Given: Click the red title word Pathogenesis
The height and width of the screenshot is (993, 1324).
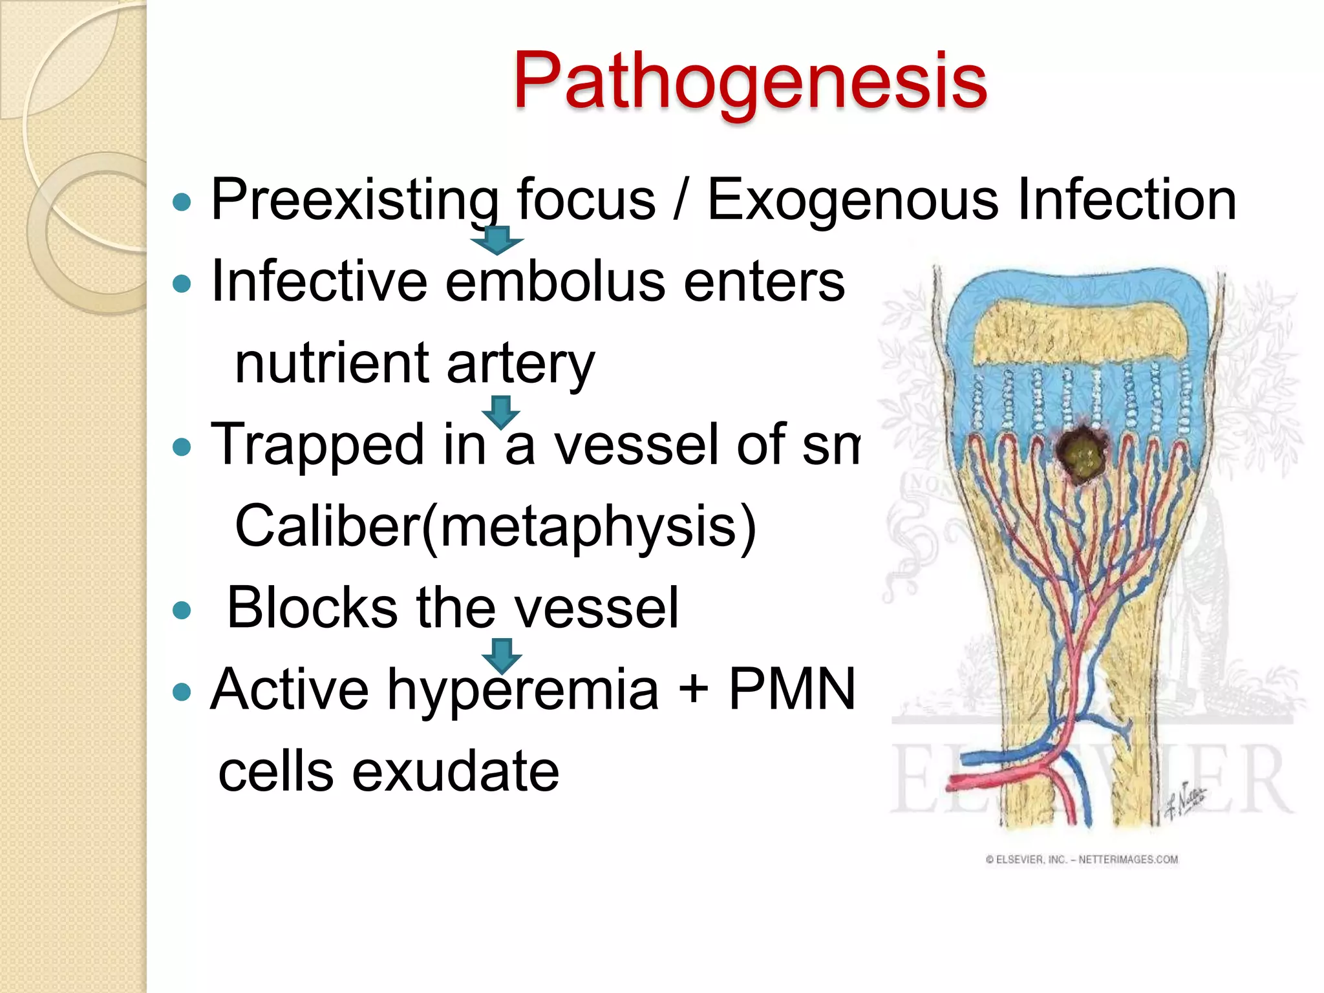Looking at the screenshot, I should pyautogui.click(x=750, y=81).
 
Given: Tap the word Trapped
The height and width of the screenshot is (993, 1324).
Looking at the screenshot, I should pyautogui.click(x=317, y=445).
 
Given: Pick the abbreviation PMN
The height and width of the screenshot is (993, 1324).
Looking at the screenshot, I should pyautogui.click(x=792, y=689).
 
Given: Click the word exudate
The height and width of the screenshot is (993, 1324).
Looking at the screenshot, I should pyautogui.click(x=455, y=771).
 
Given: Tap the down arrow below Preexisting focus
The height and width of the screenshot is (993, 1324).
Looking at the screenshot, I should pyautogui.click(x=496, y=240).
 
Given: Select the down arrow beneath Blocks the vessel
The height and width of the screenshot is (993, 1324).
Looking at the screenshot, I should pyautogui.click(x=502, y=655).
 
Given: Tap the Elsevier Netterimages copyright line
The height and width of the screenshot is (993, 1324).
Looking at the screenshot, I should pyautogui.click(x=1082, y=859).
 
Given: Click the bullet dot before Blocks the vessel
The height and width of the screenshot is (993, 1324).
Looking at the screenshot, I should pyautogui.click(x=183, y=610).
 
